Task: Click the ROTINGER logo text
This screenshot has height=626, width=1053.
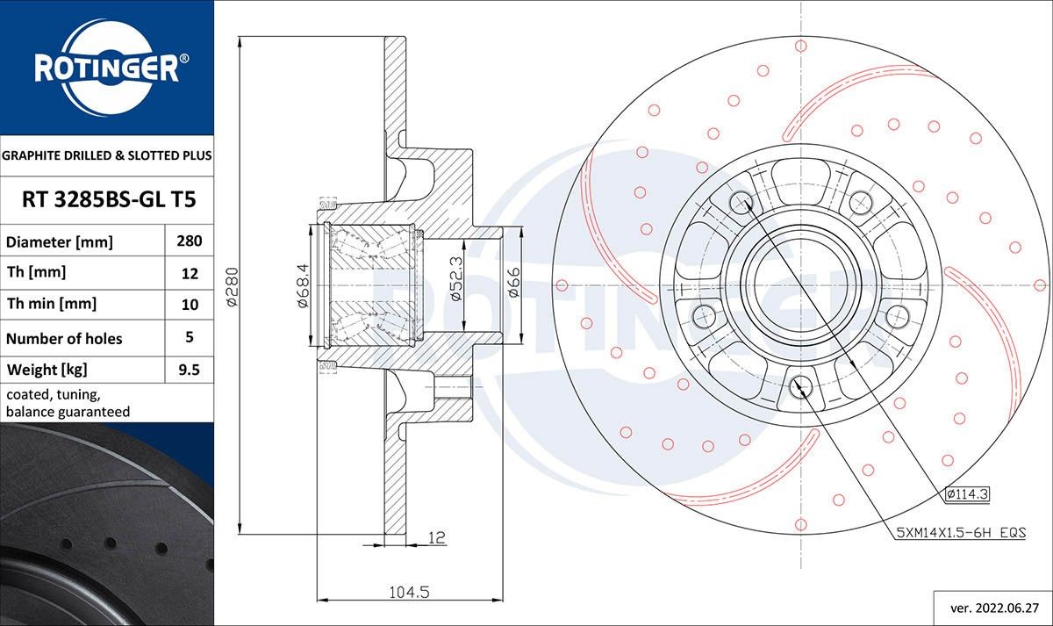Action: click(x=106, y=68)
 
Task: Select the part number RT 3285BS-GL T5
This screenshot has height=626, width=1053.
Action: click(x=106, y=200)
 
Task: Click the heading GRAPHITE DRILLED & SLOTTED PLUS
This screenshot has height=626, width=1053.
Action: click(x=106, y=155)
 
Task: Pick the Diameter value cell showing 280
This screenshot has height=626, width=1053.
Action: click(x=190, y=241)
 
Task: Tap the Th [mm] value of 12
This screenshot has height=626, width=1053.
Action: click(x=190, y=273)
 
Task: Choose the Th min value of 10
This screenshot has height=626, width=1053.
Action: click(x=190, y=305)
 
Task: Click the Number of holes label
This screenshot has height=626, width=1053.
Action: click(x=64, y=338)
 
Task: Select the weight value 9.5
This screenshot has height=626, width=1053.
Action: click(x=190, y=370)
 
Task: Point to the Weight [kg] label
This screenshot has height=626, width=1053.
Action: click(x=47, y=370)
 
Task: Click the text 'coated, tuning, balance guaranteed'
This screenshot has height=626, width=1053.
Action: click(x=68, y=403)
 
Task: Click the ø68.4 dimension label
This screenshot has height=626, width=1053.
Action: click(x=301, y=286)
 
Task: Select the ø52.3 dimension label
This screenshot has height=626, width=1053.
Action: click(x=455, y=279)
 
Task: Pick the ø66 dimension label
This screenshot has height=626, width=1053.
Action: click(x=513, y=283)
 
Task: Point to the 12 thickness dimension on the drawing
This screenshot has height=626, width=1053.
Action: click(x=436, y=537)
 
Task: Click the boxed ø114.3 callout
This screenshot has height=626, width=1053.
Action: click(x=967, y=494)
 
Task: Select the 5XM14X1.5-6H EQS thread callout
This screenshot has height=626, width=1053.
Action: click(x=961, y=532)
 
